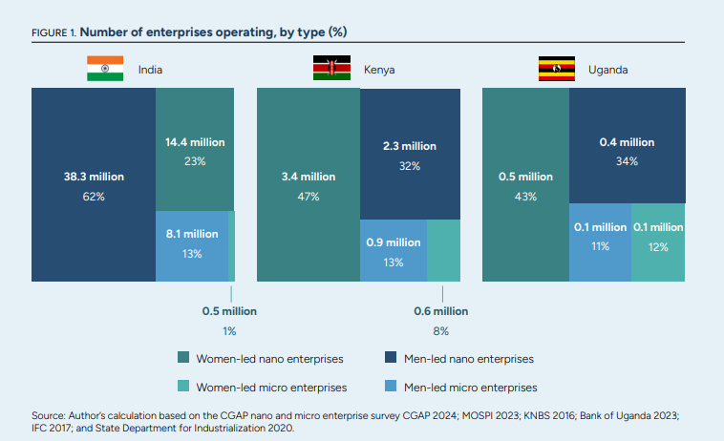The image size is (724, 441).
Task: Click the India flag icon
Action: [x=105, y=69]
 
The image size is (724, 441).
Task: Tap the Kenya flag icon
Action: [x=331, y=69]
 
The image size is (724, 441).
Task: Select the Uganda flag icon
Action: [x=557, y=69]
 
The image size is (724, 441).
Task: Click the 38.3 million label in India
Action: [x=94, y=177]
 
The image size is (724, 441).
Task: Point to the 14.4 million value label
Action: [x=195, y=142]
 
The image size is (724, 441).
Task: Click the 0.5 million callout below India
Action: [x=229, y=311]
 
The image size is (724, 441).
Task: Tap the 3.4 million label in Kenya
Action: [x=309, y=177]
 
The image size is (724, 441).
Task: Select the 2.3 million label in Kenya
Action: [x=409, y=146]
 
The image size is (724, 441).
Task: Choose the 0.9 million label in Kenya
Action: [x=393, y=242]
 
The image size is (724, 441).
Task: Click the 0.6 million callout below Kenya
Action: [x=440, y=311]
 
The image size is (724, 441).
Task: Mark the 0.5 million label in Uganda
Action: [x=525, y=177]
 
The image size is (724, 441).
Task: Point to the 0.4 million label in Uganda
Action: [x=627, y=142]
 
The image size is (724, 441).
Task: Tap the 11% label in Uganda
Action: [x=600, y=245]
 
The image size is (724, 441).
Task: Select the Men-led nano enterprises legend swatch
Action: [x=391, y=359]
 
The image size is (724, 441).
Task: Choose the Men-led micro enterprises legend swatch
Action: [x=391, y=388]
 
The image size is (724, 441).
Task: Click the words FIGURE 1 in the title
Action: [x=53, y=32]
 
